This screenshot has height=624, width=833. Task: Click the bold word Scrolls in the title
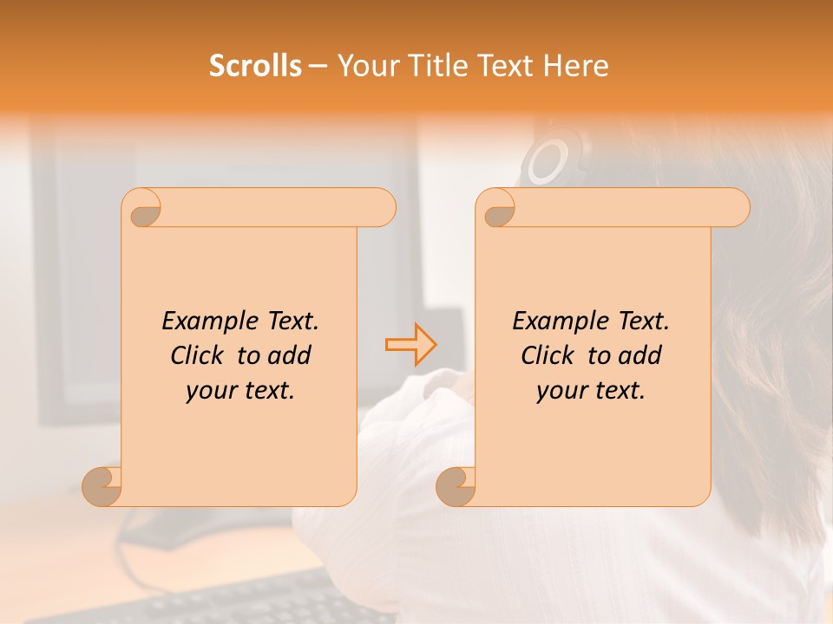[x=256, y=66]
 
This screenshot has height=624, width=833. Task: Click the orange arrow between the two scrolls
[x=411, y=344]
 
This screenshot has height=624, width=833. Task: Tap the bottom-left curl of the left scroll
[x=101, y=485]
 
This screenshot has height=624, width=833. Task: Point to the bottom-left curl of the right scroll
[x=455, y=485]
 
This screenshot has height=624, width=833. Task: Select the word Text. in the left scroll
[x=290, y=321]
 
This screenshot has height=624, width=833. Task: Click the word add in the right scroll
[x=640, y=355]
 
